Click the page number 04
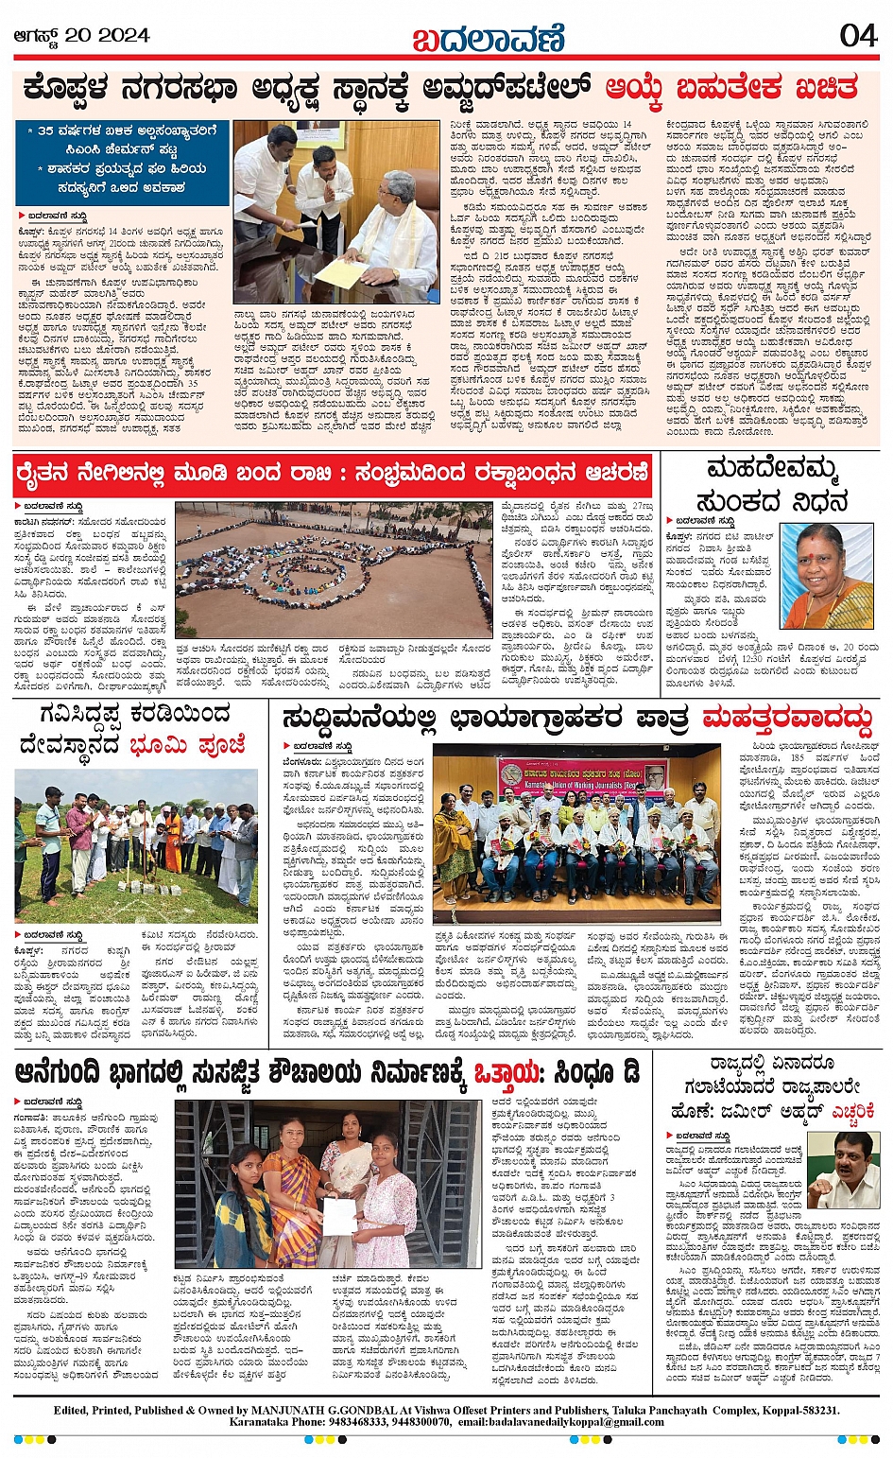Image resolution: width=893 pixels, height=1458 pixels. (858, 35)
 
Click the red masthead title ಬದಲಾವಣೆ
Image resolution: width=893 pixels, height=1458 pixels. (489, 38)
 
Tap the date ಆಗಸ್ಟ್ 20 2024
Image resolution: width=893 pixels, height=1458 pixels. (81, 35)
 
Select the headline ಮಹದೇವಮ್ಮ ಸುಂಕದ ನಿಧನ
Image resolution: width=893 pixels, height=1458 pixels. (771, 484)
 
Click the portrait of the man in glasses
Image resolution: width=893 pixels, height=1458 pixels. (843, 1170)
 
